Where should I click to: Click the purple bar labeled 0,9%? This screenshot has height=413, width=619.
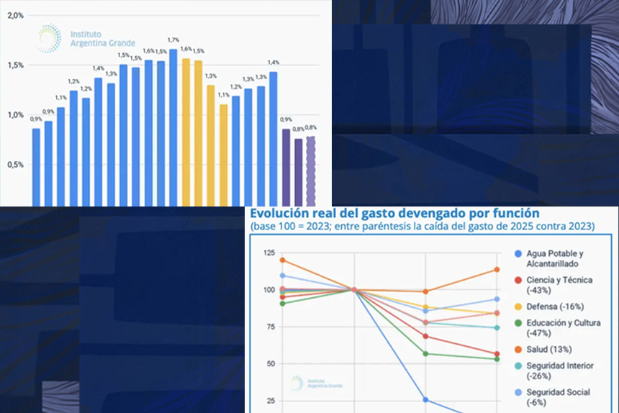coord(286,166)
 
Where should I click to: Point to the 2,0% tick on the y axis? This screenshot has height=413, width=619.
coord(15,15)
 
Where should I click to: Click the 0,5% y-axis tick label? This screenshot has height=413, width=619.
coord(15,164)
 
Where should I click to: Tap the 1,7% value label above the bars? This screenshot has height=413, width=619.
coord(173,40)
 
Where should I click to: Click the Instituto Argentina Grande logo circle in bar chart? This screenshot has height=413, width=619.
coord(48,38)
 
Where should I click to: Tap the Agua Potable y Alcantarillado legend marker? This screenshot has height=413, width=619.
coord(519,253)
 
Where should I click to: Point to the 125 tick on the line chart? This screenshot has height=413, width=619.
coord(268,253)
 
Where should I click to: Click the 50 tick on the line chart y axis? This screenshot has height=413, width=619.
coord(271,364)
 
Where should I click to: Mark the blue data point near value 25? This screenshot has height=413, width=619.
coord(425,399)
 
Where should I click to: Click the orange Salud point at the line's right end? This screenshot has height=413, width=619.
coord(496,270)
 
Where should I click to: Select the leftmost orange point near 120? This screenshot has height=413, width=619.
coord(283,260)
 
